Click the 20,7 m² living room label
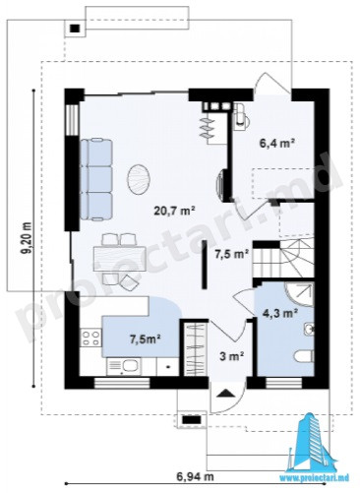tap(175, 211)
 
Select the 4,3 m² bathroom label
tap(280, 314)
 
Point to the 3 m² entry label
tap(231, 355)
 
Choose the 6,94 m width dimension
tap(196, 476)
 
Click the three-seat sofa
tap(96, 179)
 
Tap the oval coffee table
tap(138, 180)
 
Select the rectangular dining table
tap(120, 259)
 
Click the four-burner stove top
tap(90, 338)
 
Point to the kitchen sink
tap(124, 366)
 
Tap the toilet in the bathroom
tap(304, 356)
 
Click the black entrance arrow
tap(225, 393)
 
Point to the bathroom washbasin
tap(309, 329)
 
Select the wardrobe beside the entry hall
tap(195, 349)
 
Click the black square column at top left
tap(75, 29)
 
